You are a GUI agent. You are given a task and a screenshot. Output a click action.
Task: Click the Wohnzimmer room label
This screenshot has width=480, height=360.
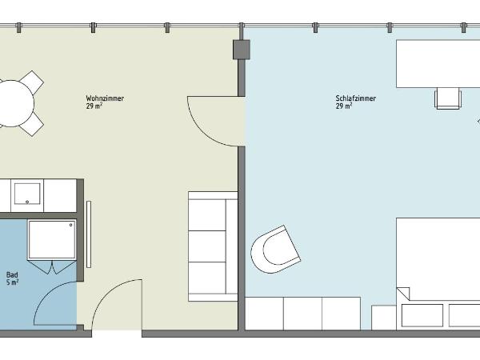tap(105, 98)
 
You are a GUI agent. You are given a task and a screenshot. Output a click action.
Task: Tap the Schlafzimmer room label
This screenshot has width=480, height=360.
tap(356, 98)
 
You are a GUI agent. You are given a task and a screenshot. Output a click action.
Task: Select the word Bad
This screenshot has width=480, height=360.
tap(12, 274)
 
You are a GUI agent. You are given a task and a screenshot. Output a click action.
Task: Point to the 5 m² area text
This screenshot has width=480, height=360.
tap(13, 282)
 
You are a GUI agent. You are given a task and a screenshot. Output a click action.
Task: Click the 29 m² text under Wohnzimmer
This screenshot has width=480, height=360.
tap(94, 106)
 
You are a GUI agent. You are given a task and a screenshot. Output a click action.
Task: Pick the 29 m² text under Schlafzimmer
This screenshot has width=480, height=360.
tap(344, 106)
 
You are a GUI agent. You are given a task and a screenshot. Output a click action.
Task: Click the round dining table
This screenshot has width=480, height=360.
tap(11, 102)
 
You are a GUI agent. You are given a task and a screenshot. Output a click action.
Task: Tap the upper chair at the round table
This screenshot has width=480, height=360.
tap(31, 82)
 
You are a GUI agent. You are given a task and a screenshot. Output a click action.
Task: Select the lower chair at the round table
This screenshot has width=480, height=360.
tap(31, 123)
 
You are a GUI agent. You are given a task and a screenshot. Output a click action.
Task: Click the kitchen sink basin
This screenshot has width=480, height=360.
tap(28, 192)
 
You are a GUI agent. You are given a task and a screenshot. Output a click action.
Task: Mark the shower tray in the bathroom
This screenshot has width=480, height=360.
tap(52, 240)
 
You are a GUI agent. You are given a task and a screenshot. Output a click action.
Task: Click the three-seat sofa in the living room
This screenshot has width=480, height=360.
tap(212, 246)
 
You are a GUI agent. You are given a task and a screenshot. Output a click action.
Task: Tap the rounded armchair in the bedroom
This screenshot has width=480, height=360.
tap(275, 250)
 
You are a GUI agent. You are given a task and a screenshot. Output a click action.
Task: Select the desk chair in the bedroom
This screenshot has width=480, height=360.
tap(449, 98)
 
